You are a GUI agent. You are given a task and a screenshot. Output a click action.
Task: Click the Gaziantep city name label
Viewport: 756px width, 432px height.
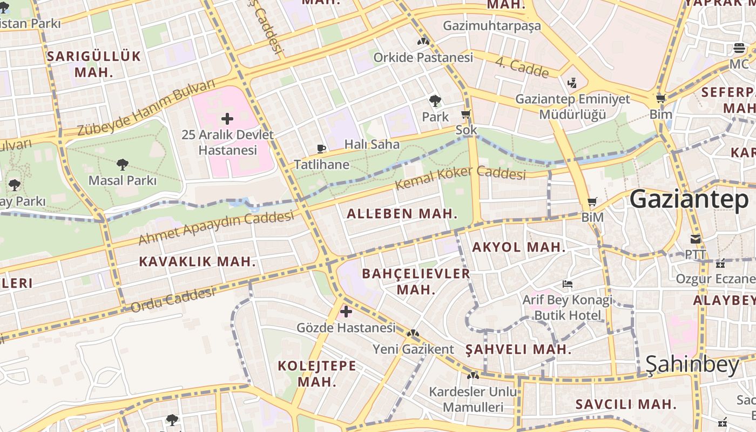click(x=689, y=199)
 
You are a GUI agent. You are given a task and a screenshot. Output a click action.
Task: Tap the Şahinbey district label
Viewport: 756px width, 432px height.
click(x=692, y=366)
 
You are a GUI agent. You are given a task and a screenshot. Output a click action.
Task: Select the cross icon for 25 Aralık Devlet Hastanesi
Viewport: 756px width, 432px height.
click(x=227, y=118)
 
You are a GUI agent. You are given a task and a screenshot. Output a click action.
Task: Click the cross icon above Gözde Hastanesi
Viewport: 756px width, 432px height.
click(x=346, y=311)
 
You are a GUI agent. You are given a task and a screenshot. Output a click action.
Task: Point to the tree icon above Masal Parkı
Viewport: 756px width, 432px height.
click(x=123, y=164)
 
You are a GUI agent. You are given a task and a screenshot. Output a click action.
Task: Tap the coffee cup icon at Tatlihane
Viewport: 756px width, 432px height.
click(x=321, y=148)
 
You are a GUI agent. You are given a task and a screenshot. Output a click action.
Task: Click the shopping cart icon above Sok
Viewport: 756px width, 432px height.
click(x=465, y=114)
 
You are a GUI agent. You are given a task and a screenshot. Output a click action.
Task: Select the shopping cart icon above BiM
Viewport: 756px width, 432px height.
click(x=592, y=202)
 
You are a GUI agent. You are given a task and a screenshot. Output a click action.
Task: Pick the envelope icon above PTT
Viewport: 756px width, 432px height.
click(x=696, y=239)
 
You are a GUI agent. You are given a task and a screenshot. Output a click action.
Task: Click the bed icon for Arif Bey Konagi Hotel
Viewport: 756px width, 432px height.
click(x=567, y=283)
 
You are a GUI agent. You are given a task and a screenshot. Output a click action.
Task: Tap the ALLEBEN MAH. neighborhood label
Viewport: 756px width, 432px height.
click(x=402, y=214)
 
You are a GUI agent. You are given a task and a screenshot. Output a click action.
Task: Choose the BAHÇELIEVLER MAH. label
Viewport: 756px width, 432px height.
click(x=416, y=281)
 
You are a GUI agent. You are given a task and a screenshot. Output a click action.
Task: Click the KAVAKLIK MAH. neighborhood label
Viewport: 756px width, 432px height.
click(x=197, y=262)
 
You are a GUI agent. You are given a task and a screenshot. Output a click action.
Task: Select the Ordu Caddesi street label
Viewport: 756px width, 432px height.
click(x=173, y=300)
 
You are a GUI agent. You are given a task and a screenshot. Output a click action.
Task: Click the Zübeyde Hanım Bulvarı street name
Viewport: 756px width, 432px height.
click(x=146, y=108)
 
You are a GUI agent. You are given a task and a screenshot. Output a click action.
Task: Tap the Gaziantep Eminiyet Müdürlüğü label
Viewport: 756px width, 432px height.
click(x=572, y=106)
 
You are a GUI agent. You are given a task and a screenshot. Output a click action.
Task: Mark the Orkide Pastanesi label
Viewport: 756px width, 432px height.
click(x=423, y=57)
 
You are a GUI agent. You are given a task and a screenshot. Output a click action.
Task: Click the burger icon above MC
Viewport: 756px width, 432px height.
click(x=739, y=49)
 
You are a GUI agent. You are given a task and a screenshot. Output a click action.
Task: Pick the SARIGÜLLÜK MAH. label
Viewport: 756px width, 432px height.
click(x=94, y=64)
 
